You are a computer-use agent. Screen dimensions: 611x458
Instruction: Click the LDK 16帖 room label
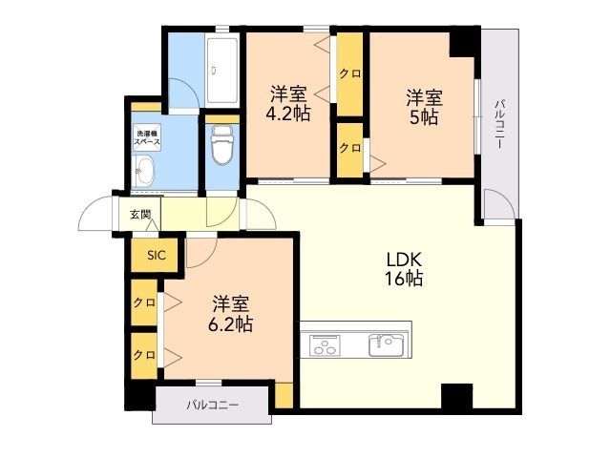click(x=404, y=269)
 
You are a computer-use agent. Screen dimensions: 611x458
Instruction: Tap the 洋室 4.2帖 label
click(x=288, y=103)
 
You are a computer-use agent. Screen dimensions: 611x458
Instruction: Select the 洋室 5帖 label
click(x=424, y=107)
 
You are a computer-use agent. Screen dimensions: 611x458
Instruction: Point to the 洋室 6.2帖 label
click(x=230, y=314)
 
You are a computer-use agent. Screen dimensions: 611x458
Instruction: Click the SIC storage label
click(x=157, y=256)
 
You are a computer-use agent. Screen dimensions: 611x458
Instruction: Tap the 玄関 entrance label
click(x=140, y=214)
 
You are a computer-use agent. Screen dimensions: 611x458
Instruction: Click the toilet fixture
click(x=222, y=145)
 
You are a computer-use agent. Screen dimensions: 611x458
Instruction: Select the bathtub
click(x=222, y=70)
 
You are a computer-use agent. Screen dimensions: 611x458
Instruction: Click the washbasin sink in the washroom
click(x=143, y=171)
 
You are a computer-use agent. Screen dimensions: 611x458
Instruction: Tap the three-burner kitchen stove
click(x=324, y=345)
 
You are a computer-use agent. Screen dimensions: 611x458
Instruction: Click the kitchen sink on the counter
click(x=388, y=344)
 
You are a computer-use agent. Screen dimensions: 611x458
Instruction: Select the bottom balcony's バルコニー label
click(x=212, y=405)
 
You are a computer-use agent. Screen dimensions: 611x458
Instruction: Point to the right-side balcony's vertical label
click(x=499, y=125)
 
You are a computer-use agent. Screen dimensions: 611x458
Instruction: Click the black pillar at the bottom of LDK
click(x=456, y=396)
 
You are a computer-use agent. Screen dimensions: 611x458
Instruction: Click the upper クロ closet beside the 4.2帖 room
click(x=350, y=74)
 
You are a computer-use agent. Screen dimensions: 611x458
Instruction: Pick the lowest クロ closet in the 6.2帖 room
click(x=144, y=356)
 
